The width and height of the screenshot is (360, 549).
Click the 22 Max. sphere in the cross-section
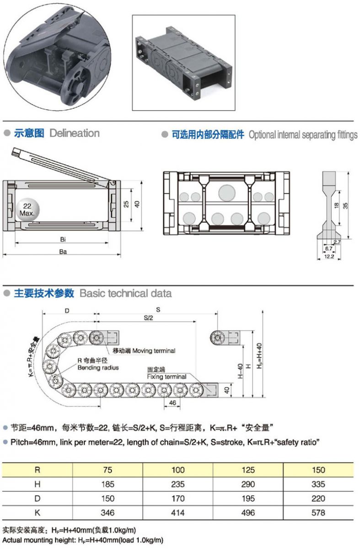27,210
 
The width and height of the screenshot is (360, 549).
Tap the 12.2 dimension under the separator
329,257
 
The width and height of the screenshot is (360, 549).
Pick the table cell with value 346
107,512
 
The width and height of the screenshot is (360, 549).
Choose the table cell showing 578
318,512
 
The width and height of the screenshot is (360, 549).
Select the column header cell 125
248,470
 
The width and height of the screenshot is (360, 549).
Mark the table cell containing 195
248,498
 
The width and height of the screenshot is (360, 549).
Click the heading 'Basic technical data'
126,293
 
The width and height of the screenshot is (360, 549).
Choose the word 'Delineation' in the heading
75,133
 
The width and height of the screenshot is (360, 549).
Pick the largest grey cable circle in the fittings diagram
226,193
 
